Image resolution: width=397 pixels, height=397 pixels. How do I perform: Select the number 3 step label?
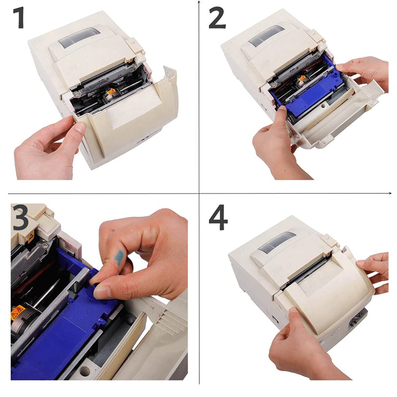(x=21, y=217)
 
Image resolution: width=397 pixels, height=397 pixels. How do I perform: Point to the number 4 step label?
(x=219, y=217)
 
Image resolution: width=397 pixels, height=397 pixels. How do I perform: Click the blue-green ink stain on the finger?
(x=120, y=256)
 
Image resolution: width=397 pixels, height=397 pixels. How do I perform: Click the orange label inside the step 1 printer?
(x=112, y=92)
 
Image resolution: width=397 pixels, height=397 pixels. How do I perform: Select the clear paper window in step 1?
(x=79, y=37)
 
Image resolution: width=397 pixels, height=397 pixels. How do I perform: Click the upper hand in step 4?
(x=375, y=270)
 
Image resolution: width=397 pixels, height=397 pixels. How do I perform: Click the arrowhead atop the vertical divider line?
(x=199, y=3)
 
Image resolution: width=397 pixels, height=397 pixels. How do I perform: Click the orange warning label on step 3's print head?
(x=18, y=313)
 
